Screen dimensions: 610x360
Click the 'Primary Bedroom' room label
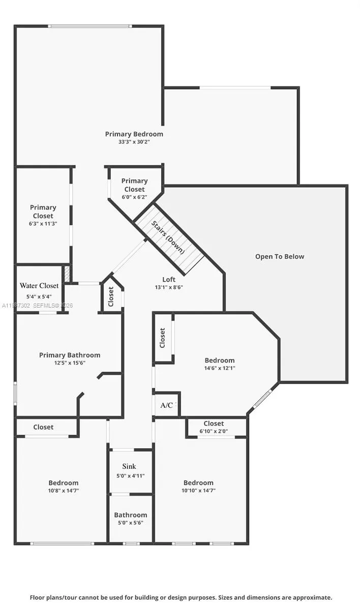[134, 134]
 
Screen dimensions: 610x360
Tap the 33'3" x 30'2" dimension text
[134, 142]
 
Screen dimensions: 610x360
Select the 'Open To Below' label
[280, 257]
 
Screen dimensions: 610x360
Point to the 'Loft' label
[169, 280]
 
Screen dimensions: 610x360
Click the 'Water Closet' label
[39, 286]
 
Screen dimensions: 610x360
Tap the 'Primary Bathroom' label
[70, 355]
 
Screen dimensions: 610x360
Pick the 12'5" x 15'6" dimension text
[70, 363]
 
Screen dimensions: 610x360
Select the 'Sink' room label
[129, 467]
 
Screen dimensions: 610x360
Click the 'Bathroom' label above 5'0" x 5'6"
[131, 515]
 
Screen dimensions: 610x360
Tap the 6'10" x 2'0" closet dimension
[214, 432]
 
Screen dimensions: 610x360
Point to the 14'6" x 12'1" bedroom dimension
[220, 369]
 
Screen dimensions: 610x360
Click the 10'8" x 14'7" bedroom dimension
[64, 491]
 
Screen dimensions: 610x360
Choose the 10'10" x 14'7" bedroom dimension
[198, 491]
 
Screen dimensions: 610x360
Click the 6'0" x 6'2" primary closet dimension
[134, 197]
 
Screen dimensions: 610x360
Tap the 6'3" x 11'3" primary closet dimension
[43, 224]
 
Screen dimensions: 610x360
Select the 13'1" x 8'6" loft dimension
[169, 288]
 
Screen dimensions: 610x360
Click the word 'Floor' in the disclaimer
[38, 598]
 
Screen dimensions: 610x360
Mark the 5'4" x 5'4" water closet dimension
[39, 297]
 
